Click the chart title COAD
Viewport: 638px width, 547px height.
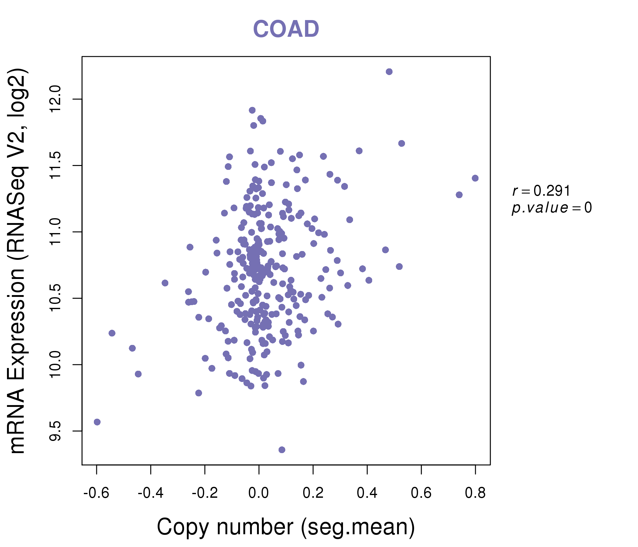coord(286,29)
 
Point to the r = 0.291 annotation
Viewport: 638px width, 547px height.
coord(541,191)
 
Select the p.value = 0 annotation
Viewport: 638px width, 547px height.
coord(551,208)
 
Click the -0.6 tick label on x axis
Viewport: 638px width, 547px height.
coord(96,493)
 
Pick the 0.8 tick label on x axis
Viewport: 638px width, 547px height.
coord(475,493)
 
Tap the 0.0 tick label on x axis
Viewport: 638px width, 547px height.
coord(259,493)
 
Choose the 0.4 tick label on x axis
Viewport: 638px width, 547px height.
coord(367,493)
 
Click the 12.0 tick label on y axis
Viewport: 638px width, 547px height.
coord(55,99)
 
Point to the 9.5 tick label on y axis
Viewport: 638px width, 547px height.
coord(55,431)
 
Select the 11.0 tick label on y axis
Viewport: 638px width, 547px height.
coord(55,232)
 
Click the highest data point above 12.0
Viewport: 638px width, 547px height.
coord(389,72)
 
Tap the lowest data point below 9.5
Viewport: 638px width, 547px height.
coord(282,450)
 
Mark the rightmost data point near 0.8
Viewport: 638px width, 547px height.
coord(475,178)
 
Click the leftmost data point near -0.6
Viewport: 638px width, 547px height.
coord(97,422)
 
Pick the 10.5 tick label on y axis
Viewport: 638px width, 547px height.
coord(55,298)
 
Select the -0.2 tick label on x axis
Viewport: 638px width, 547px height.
coord(205,493)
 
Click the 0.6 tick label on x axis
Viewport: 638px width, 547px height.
coord(421,493)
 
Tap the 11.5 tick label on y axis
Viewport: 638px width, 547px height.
coord(55,165)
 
